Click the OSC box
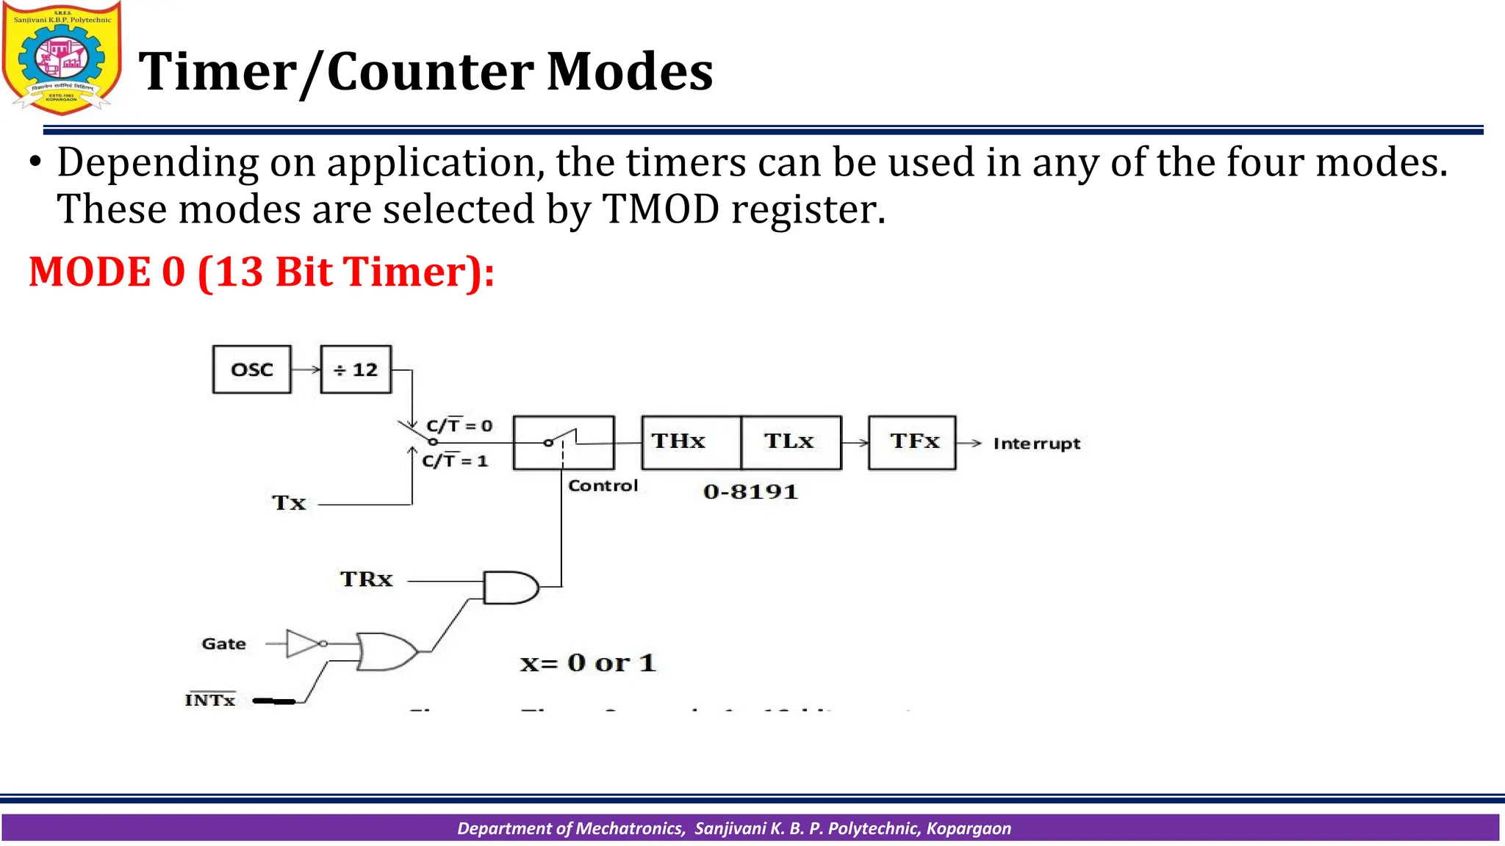[x=251, y=369]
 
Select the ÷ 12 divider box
[x=356, y=369]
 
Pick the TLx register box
[x=791, y=442]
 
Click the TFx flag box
[x=912, y=442]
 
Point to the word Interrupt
[x=1036, y=444]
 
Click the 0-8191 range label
[x=750, y=492]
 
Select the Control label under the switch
[x=603, y=485]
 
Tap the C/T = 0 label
[x=459, y=425]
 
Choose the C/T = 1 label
[x=455, y=460]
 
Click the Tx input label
[x=289, y=503]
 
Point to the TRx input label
[x=366, y=579]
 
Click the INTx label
[x=210, y=700]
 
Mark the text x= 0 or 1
[x=588, y=663]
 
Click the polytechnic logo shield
[x=62, y=57]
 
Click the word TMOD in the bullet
[x=660, y=209]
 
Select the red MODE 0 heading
[x=261, y=272]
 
